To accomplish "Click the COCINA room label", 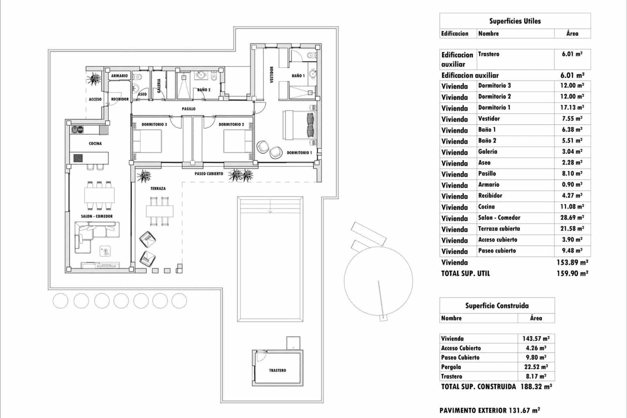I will [x=95, y=144].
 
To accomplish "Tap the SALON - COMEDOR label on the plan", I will [x=97, y=216].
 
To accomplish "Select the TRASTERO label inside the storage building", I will [x=277, y=370].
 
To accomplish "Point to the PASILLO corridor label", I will [x=188, y=109].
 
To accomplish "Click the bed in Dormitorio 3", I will [x=147, y=141].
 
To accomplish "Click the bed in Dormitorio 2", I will [x=238, y=141].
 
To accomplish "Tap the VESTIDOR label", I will [x=272, y=74].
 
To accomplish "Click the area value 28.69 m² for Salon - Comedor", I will [x=572, y=217].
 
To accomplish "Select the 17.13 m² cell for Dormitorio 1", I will [x=572, y=107].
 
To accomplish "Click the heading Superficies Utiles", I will [x=515, y=21].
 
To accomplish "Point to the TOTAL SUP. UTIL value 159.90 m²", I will [x=572, y=273].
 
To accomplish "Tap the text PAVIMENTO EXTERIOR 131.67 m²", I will [x=489, y=410].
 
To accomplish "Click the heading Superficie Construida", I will [x=497, y=305].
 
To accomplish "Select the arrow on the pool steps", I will [x=270, y=211].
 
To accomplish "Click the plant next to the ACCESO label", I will [x=94, y=79].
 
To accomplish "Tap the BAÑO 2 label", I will [x=203, y=90].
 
